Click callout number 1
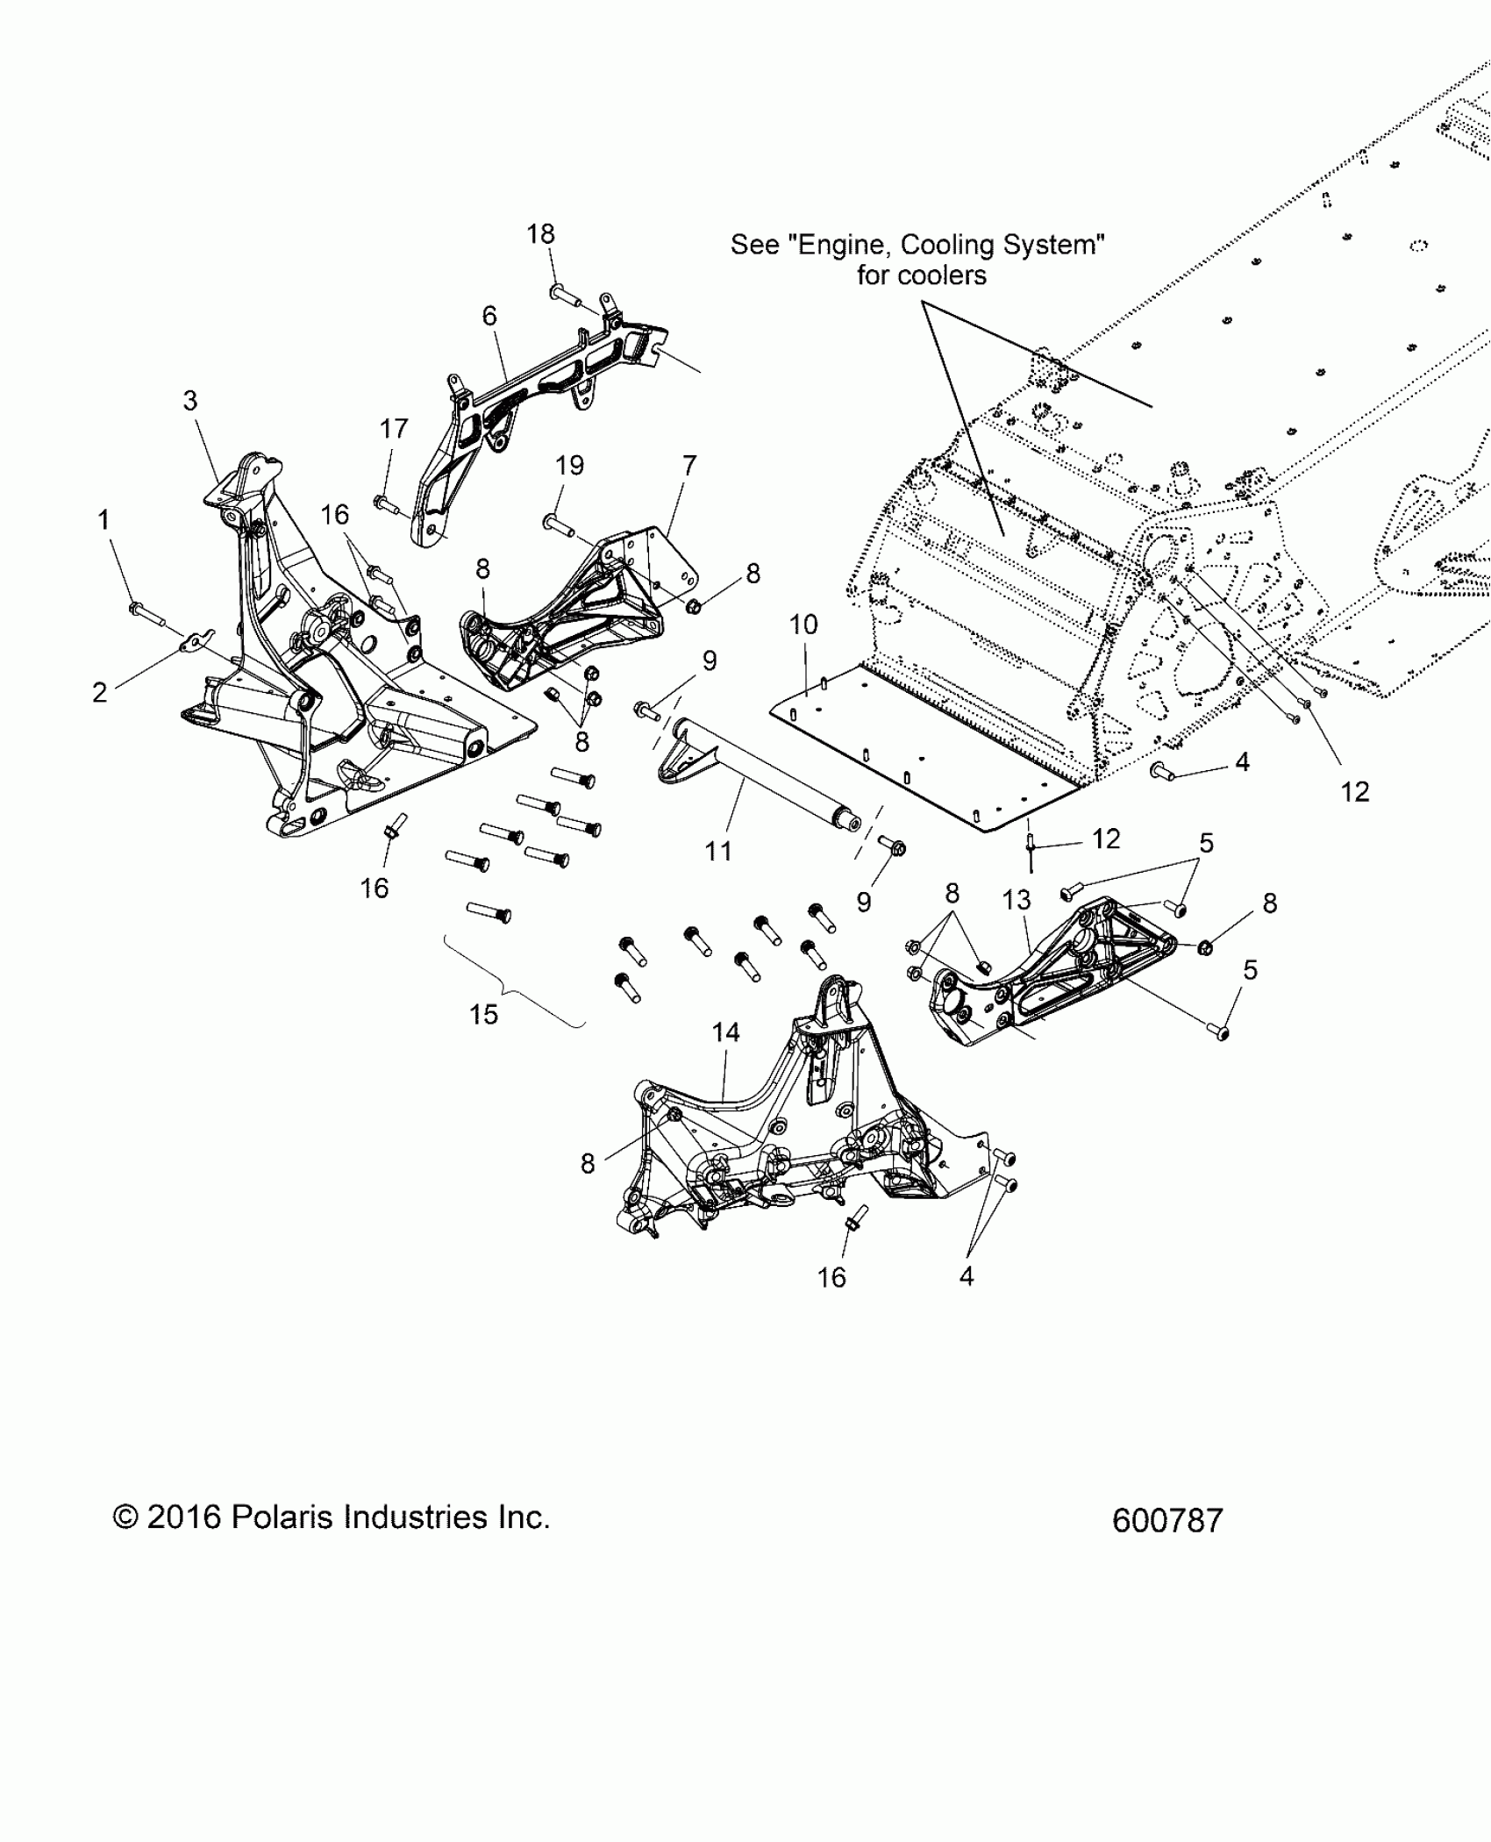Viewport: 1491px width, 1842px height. (x=103, y=520)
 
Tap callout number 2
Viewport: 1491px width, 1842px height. (x=100, y=692)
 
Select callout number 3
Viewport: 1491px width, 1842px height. (x=190, y=401)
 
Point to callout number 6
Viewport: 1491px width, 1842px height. (x=489, y=315)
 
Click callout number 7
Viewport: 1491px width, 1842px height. (x=689, y=465)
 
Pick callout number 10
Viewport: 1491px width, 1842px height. (x=803, y=625)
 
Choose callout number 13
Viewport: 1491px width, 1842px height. (x=1017, y=900)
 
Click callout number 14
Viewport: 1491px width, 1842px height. (x=725, y=1032)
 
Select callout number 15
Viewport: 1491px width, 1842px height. (x=483, y=1015)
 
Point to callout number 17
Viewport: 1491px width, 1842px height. (x=394, y=429)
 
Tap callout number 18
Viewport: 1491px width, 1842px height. (x=541, y=234)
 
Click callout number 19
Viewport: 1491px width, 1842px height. (x=570, y=465)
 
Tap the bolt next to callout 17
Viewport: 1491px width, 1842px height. (x=387, y=503)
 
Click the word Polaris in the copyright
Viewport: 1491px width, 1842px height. (x=280, y=1517)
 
